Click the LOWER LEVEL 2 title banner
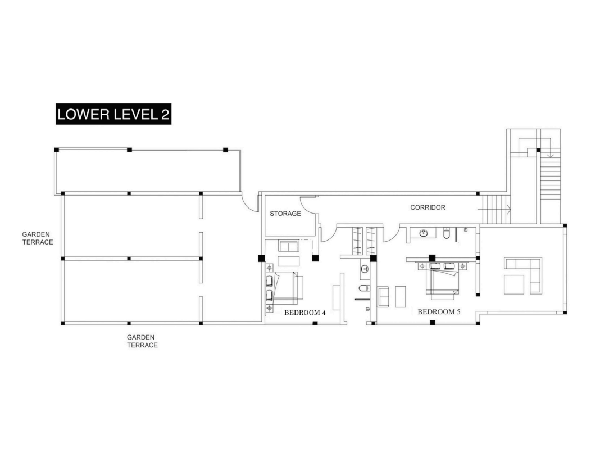[x=113, y=114]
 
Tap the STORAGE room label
[x=285, y=214]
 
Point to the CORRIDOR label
[x=428, y=207]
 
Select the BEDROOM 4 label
[x=305, y=313]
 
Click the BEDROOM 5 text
[x=439, y=312]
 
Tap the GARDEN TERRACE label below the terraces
[x=142, y=341]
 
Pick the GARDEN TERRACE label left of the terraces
[x=38, y=238]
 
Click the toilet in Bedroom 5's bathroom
[x=446, y=234]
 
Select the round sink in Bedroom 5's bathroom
[x=423, y=233]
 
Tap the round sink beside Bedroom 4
[x=365, y=269]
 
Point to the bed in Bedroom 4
[x=288, y=288]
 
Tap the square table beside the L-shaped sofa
[x=514, y=284]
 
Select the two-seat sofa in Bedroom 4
[x=288, y=246]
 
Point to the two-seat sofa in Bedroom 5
[x=383, y=296]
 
